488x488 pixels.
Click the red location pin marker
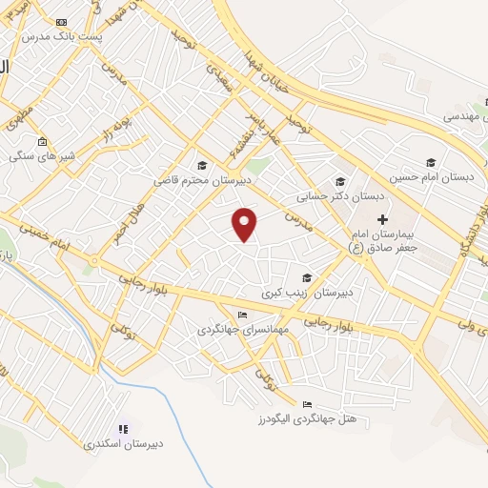tap(246, 223)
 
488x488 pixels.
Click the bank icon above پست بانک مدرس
tap(62, 21)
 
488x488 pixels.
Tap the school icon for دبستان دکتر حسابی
tap(339, 182)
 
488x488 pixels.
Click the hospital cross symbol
tap(382, 220)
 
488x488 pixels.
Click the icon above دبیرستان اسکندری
tap(122, 430)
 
